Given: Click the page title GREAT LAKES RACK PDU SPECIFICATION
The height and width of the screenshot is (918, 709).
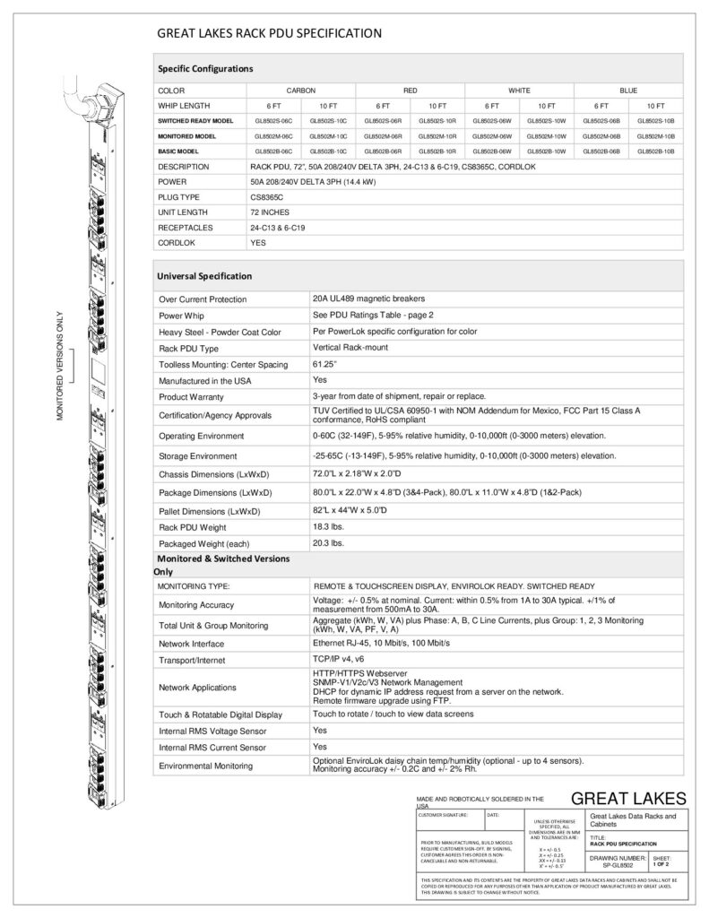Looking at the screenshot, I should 270,33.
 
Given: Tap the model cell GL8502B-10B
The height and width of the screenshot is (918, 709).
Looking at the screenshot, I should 655,152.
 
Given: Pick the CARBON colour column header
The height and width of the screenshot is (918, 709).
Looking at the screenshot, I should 300,91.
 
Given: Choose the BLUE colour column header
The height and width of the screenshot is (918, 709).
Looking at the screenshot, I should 627,91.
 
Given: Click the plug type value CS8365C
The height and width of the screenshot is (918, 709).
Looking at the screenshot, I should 266,195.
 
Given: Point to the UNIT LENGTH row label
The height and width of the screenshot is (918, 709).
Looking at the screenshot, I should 184,212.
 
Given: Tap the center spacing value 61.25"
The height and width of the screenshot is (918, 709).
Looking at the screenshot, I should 324,364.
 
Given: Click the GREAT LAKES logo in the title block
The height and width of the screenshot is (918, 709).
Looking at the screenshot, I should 627,799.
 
